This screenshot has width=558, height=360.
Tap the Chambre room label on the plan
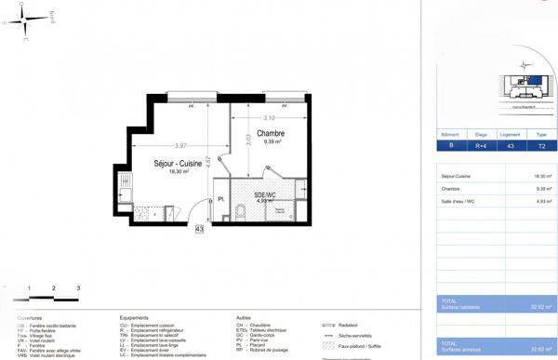[272, 133]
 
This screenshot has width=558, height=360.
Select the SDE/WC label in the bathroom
[264, 194]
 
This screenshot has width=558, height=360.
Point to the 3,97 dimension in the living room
[179, 145]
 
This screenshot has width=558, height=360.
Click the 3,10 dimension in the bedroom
[269, 118]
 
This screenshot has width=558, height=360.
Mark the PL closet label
[221, 199]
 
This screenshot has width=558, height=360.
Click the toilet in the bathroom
[240, 213]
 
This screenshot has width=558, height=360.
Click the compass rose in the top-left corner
[25, 19]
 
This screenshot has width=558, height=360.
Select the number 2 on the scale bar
[54, 288]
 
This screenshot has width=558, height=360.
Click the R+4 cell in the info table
[481, 146]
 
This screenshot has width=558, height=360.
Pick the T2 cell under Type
[541, 146]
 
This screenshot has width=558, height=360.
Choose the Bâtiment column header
[452, 134]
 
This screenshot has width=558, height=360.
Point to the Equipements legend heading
[134, 318]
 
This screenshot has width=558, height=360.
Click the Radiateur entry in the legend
[349, 326]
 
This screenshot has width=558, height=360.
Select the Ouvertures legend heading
[30, 318]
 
